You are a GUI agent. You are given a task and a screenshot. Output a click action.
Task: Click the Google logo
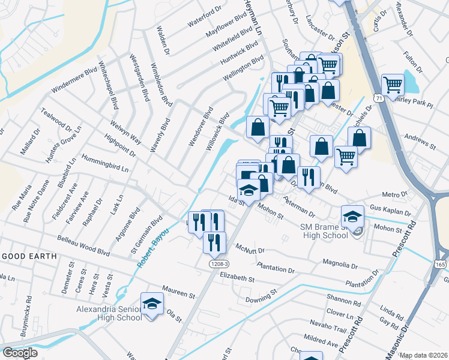pyautogui.click(x=19, y=353)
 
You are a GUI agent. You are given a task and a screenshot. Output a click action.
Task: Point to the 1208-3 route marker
pyautogui.click(x=220, y=263)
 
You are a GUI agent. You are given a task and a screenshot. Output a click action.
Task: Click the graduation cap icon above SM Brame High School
pyautogui.click(x=352, y=215)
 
